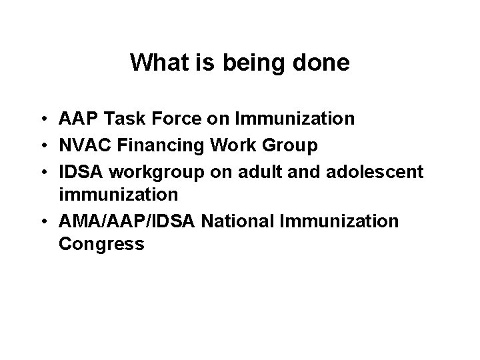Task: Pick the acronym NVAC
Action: [x=81, y=145]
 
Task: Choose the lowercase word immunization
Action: [x=118, y=194]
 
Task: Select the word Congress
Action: [x=101, y=244]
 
